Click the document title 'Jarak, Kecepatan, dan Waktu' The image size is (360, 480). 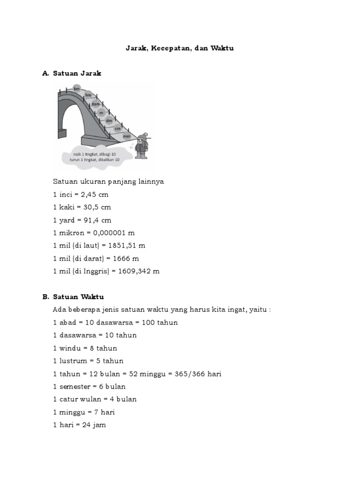[x=180, y=48]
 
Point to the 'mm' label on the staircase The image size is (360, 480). [x=127, y=136]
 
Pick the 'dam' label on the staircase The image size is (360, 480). [x=96, y=104]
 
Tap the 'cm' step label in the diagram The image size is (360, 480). [x=118, y=128]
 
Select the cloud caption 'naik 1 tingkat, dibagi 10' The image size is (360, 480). [x=94, y=154]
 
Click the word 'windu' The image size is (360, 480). [x=69, y=348]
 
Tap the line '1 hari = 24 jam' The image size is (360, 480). [x=79, y=425]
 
